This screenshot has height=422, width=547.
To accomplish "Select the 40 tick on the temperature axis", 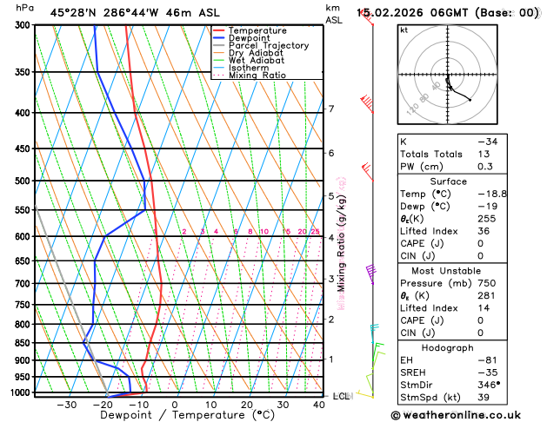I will click(319, 405).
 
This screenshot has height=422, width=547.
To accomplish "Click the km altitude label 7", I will click(330, 109).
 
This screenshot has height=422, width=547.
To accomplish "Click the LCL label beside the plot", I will click(341, 396).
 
